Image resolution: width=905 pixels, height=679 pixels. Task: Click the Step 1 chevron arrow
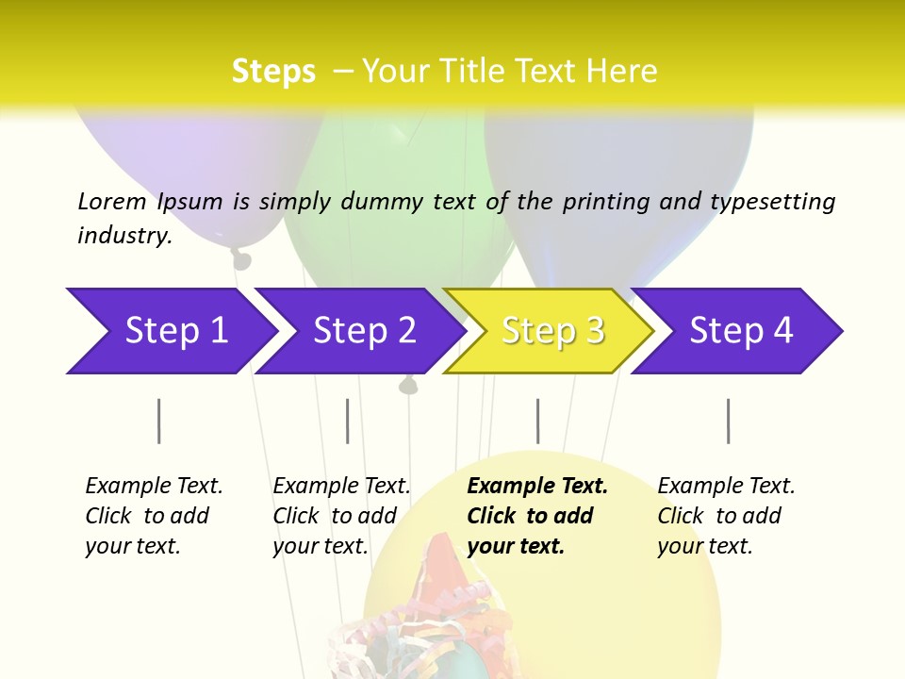(x=170, y=331)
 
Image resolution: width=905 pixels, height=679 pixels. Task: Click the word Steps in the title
(x=273, y=72)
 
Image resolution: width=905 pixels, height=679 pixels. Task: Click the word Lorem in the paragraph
(x=111, y=201)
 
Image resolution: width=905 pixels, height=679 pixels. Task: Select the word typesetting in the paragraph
(x=772, y=202)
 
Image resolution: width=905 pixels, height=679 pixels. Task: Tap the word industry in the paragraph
(x=123, y=236)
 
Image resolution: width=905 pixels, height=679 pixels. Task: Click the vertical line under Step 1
(x=159, y=421)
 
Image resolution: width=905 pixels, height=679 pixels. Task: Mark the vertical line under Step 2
(x=348, y=421)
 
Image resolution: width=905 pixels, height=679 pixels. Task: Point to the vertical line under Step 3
(x=538, y=421)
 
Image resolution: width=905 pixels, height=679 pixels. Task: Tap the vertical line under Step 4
(x=729, y=421)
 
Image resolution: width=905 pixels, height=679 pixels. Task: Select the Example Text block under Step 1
(x=153, y=516)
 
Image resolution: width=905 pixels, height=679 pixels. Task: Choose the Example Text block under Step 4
(x=725, y=516)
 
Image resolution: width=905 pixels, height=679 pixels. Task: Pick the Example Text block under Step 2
(x=340, y=516)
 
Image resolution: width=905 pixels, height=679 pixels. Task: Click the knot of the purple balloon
(x=241, y=258)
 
